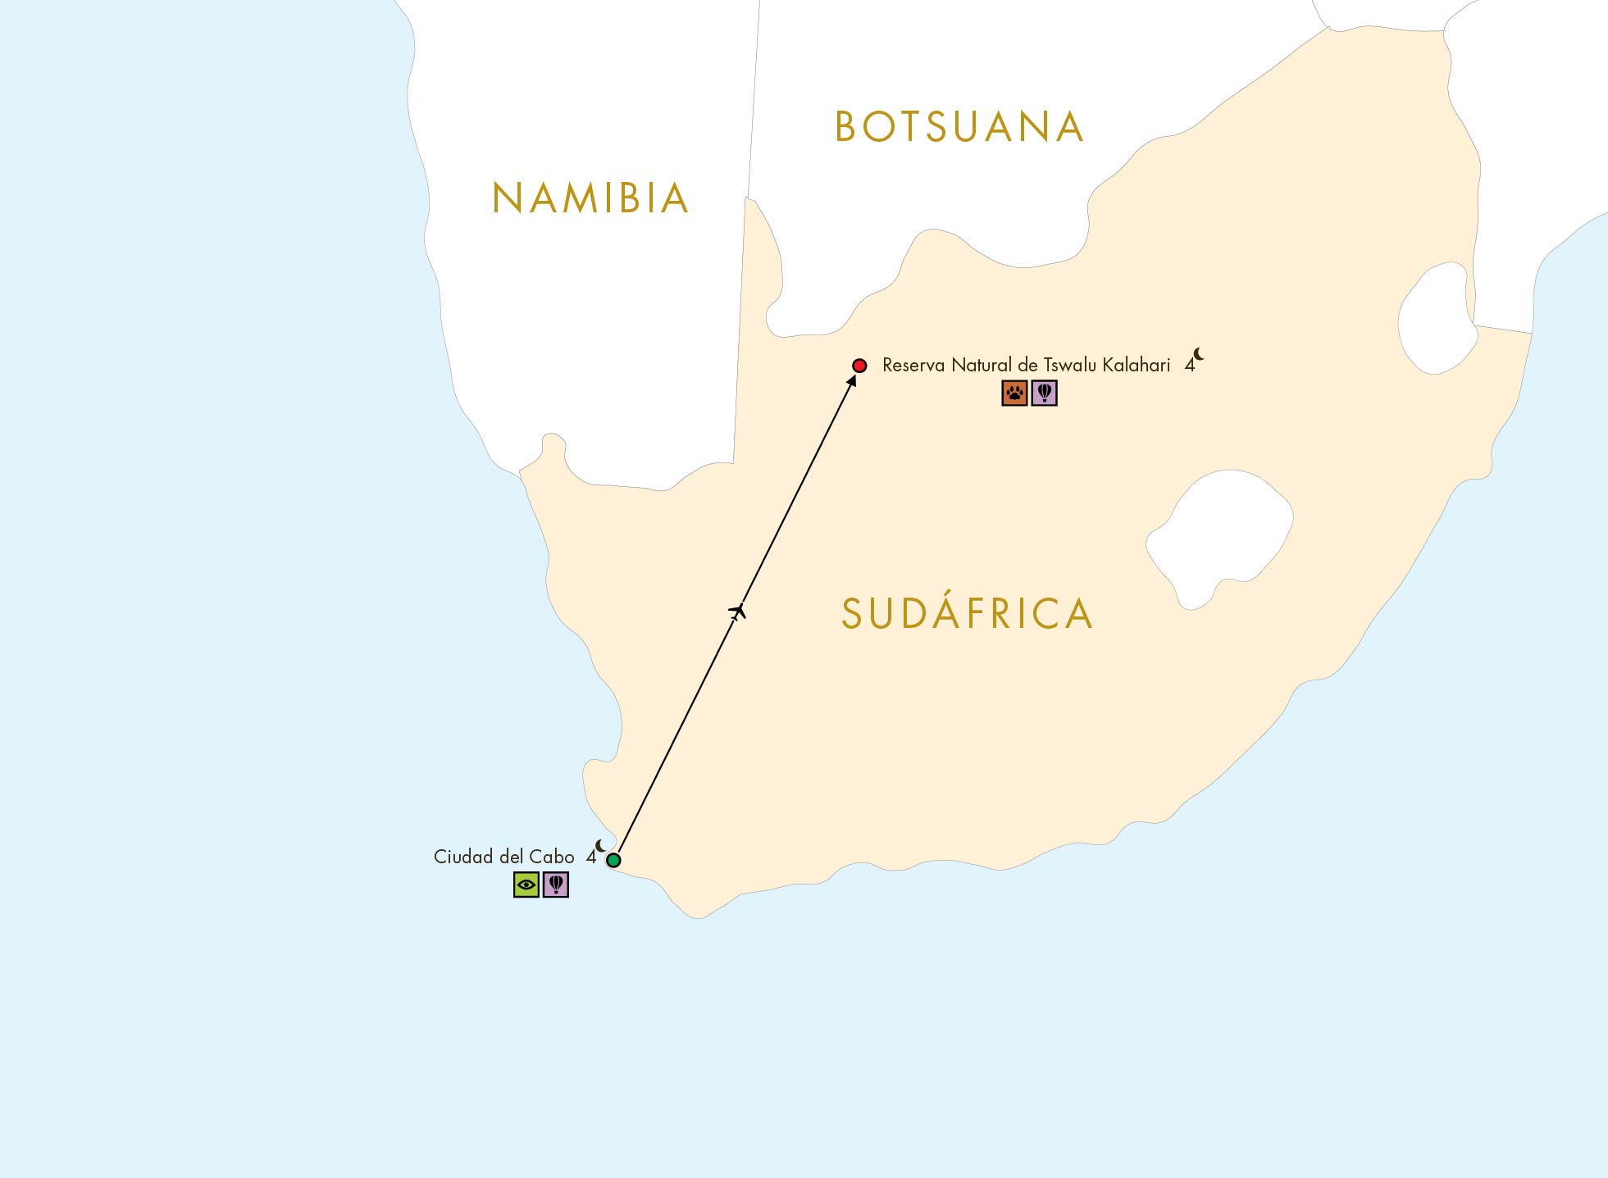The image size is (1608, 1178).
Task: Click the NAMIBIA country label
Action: click(590, 198)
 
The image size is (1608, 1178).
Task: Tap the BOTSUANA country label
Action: click(959, 127)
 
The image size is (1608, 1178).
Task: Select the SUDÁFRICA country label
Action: click(968, 614)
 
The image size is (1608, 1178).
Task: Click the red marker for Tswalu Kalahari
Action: click(859, 366)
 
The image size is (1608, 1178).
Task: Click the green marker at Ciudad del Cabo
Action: click(613, 860)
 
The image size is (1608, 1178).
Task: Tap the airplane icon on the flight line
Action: click(738, 612)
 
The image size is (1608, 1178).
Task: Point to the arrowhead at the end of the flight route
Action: click(852, 380)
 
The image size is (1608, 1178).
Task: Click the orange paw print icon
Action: click(1014, 393)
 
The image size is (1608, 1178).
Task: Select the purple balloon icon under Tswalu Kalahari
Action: click(1044, 393)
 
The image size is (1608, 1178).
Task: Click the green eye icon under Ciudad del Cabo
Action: click(526, 885)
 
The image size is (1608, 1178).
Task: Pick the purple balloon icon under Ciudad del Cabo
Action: click(556, 885)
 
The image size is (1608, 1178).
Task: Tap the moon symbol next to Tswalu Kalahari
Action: click(1199, 354)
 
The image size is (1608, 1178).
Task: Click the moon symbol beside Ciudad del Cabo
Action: click(601, 846)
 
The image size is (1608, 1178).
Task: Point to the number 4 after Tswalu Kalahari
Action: click(1189, 366)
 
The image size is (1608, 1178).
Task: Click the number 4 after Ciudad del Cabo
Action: click(590, 857)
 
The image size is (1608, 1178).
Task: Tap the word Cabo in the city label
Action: click(552, 857)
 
